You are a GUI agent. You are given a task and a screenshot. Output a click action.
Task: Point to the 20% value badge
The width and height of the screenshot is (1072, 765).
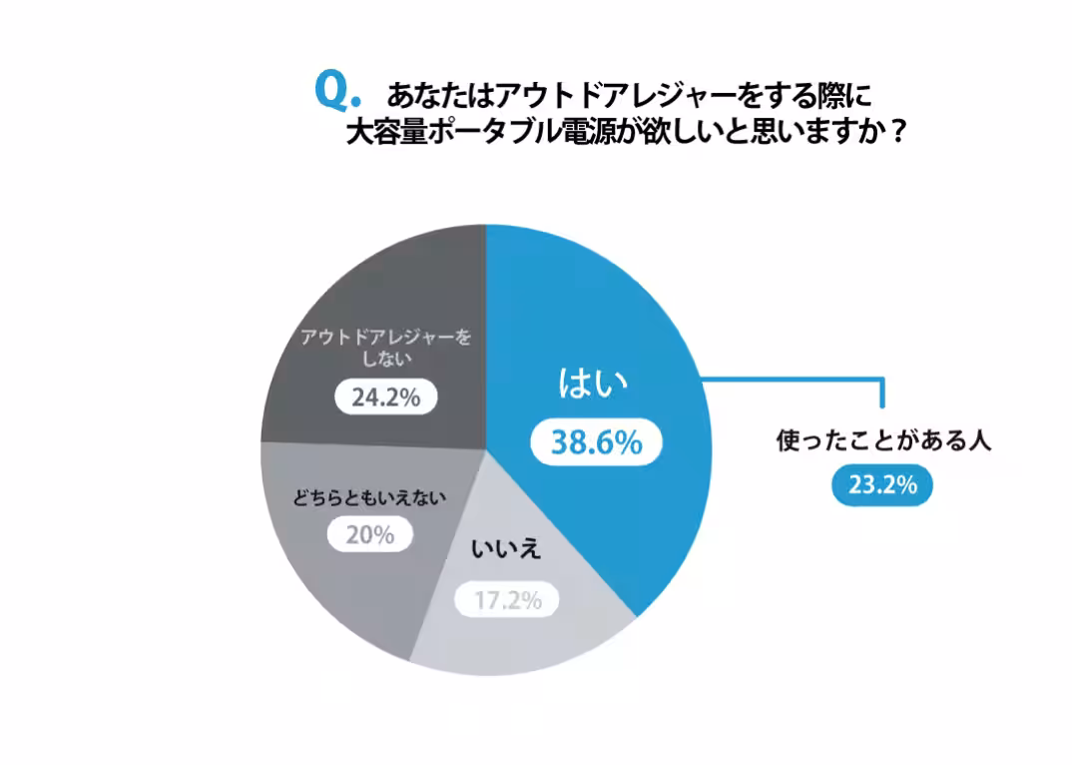[369, 535]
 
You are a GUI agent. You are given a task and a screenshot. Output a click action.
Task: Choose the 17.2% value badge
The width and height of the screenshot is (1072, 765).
[506, 601]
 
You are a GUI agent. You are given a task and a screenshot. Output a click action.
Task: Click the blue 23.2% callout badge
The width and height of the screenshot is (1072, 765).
[882, 485]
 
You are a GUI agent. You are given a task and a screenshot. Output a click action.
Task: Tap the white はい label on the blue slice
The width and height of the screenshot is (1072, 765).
[592, 384]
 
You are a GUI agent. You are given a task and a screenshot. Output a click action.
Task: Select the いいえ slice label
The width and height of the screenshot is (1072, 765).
[505, 549]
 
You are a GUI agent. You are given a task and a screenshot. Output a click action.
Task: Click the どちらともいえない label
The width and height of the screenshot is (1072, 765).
[368, 496]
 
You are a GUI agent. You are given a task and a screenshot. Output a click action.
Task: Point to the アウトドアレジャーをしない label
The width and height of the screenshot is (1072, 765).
[384, 349]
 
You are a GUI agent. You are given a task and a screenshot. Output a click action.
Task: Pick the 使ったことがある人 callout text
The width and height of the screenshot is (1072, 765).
[883, 441]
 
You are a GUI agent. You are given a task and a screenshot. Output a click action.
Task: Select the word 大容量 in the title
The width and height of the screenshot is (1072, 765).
[379, 133]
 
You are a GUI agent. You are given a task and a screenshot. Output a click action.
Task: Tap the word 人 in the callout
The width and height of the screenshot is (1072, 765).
[980, 441]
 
